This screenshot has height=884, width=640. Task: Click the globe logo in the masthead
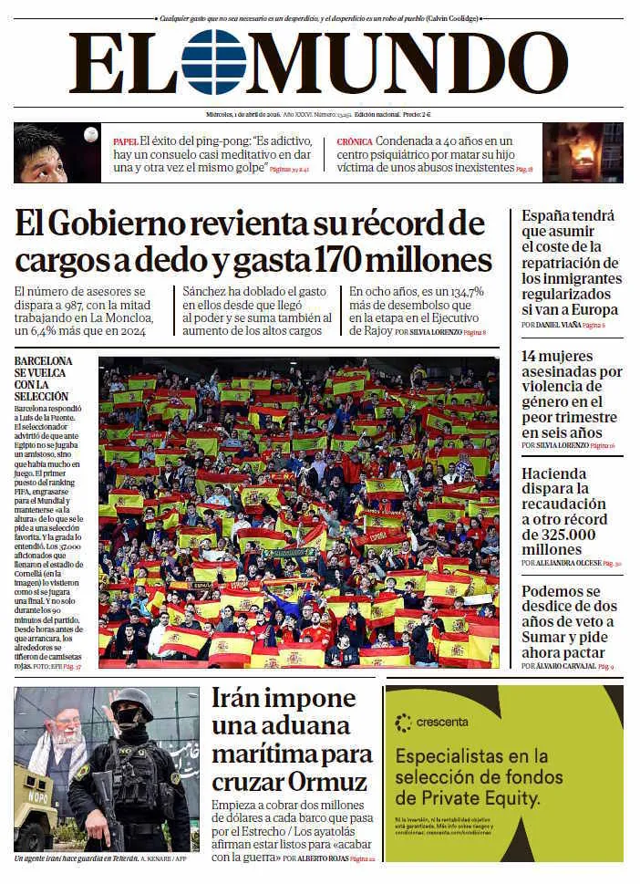coord(213,62)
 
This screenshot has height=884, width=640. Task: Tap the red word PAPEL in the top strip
coord(125,142)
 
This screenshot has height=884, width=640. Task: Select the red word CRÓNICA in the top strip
coord(354,142)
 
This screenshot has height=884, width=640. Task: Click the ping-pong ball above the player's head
coord(90,134)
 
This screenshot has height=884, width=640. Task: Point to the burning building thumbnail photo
coord(583,152)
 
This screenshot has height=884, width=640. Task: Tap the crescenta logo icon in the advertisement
coord(403,723)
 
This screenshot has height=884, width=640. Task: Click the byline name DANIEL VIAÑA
coord(559,325)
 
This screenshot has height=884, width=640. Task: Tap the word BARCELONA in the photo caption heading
coord(43,361)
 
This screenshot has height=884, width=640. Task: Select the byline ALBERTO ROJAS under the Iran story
coord(323,858)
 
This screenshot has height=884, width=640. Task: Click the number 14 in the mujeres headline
coord(531,357)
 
